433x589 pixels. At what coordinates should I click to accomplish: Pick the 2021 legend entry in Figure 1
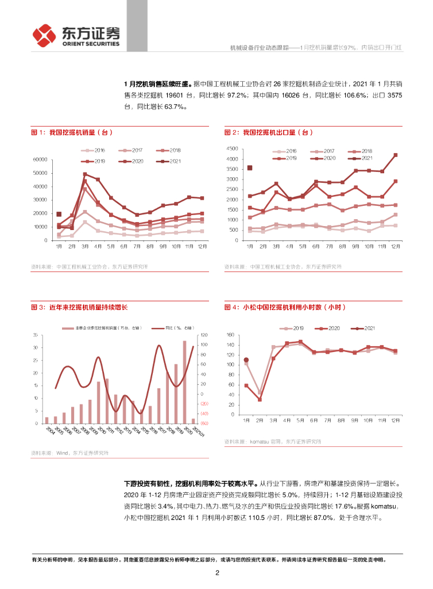click(x=171, y=160)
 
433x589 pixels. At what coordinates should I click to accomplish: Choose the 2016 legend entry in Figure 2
click(x=285, y=151)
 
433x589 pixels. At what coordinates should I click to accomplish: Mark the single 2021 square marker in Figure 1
click(x=59, y=215)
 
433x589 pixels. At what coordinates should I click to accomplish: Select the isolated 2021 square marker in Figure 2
click(x=250, y=168)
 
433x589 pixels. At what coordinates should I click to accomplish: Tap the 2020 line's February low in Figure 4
click(x=260, y=399)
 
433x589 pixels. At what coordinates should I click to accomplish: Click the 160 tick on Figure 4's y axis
click(x=231, y=335)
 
